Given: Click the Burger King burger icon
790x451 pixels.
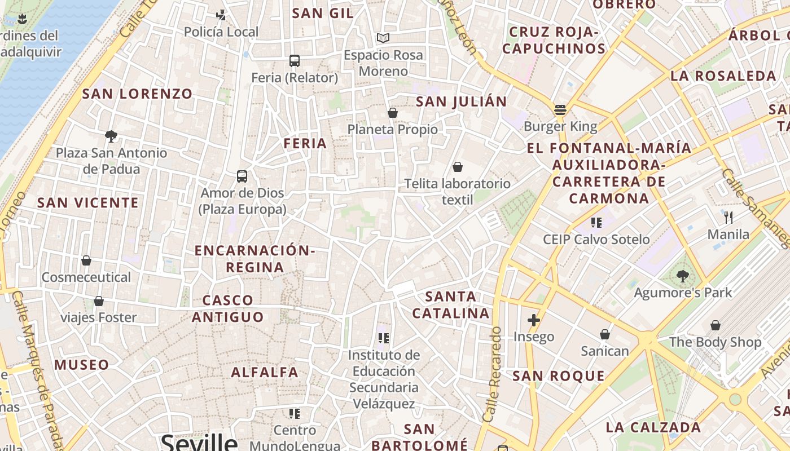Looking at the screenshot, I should tap(560, 109).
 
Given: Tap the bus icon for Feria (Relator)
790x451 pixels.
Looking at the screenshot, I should tap(294, 61).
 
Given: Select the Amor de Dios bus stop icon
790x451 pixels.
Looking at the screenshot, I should tap(242, 176).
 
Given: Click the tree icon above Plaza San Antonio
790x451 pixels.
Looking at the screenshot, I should tap(111, 136).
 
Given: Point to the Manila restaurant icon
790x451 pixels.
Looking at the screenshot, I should tap(728, 217).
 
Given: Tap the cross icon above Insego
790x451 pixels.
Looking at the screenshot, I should tap(533, 320).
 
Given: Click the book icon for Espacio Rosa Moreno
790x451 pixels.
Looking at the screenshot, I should tap(383, 38).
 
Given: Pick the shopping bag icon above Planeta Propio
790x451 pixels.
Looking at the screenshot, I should tap(393, 113).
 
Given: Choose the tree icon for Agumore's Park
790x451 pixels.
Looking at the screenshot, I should tap(683, 276).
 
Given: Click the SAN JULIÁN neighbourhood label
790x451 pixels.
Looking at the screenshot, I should tap(461, 101).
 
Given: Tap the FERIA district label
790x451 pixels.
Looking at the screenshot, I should tap(305, 144).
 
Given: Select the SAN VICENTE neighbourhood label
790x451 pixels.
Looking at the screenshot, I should tap(87, 203).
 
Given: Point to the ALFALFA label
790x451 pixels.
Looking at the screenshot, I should tap(265, 372).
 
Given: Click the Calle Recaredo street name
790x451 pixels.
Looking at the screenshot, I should tap(492, 374).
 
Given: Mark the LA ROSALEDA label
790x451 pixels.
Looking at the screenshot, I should tap(723, 76).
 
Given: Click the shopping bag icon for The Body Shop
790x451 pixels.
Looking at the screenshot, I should tap(715, 325).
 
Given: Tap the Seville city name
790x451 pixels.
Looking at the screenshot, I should tap(199, 441).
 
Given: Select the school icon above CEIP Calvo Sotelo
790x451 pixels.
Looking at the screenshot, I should tap(596, 223).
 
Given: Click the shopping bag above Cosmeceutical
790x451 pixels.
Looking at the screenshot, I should tap(86, 260).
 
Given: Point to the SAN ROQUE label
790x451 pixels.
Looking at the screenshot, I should tap(559, 376).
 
